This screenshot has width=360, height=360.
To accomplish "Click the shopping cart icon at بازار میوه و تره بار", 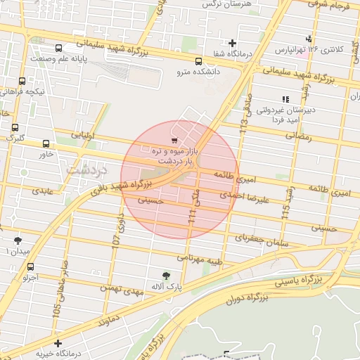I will tap(174, 141).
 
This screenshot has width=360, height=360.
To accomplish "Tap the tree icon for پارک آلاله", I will tap(166, 276).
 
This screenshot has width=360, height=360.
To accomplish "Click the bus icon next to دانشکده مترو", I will tap(198, 60).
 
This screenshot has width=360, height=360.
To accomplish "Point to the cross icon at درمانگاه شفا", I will tap(232, 43).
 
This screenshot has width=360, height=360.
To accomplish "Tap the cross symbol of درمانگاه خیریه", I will tap(58, 342).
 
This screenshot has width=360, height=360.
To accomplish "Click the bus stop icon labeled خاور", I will tap(46, 143).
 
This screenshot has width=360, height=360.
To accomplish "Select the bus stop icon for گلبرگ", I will tap(15, 127).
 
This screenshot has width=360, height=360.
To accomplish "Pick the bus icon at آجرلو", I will tap(30, 266).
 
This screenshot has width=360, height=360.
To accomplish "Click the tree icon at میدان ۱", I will tap(18, 240).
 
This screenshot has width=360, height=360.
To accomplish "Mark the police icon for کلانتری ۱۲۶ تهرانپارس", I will tap(308, 39).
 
